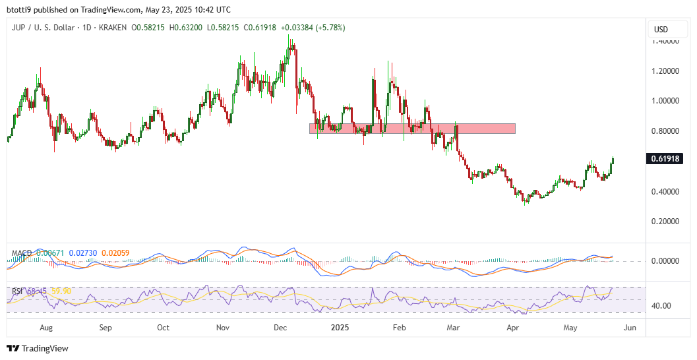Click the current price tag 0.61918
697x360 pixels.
pos(666,158)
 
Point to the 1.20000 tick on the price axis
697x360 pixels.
pos(666,71)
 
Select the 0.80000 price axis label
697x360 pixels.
pos(666,131)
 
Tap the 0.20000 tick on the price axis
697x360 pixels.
pos(666,222)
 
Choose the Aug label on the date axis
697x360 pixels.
pos(46,327)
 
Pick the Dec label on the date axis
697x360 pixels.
pos(280,327)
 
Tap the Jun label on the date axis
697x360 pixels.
pos(630,327)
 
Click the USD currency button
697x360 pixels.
pos(660,29)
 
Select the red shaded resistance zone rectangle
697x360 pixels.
pos(412,128)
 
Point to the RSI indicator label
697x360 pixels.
pos(18,291)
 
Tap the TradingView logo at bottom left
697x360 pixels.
pos(38,348)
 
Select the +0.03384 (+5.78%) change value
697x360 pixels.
pos(313,28)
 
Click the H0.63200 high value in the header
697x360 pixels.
pos(185,28)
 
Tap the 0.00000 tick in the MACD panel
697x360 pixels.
pos(666,261)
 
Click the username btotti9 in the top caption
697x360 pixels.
pos(19,10)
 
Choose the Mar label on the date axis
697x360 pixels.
pos(452,327)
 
